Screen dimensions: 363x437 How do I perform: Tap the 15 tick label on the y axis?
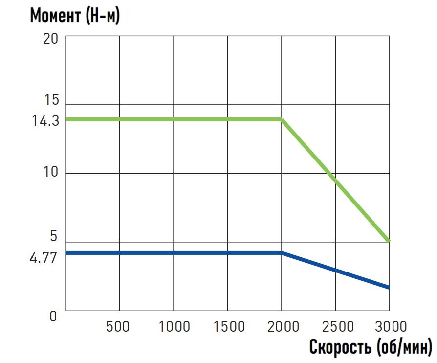point(51,100)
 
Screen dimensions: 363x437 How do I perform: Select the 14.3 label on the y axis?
point(45,120)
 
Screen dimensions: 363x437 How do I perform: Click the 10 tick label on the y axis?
point(51,173)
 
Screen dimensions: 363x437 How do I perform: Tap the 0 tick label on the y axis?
point(53,316)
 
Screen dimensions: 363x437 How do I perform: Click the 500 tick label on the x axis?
point(118,326)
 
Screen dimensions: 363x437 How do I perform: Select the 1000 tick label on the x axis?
point(174,326)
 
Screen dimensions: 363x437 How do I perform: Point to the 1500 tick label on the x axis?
point(227,326)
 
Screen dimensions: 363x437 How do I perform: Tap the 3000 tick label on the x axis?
point(389,326)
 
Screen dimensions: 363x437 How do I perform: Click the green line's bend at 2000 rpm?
point(282,119)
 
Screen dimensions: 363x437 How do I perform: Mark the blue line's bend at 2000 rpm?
point(282,253)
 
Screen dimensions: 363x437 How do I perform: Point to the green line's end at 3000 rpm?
point(389,241)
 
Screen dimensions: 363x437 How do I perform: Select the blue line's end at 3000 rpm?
point(389,288)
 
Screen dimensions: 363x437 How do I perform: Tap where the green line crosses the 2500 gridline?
point(336,180)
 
